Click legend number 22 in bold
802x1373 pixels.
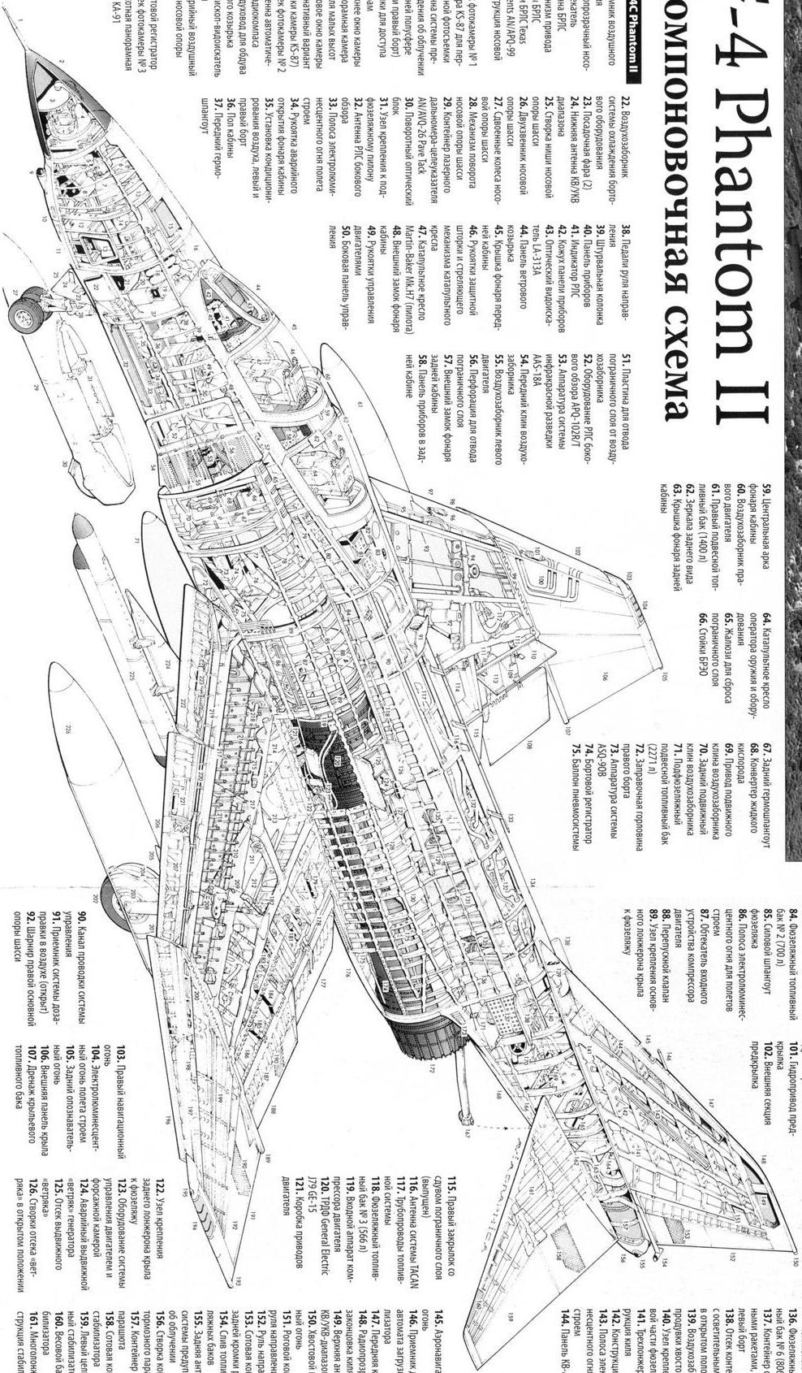pos(626,104)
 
